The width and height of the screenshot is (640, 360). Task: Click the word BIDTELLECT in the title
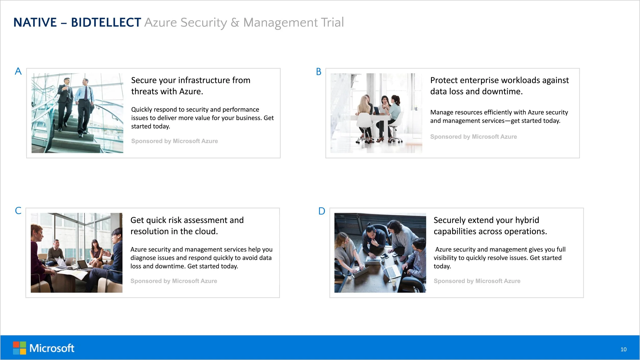106,23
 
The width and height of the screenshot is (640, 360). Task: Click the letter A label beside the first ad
18,71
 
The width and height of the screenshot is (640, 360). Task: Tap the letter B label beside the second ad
318,72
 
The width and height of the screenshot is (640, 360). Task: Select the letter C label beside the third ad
18,211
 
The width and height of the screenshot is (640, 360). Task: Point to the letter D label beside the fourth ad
322,211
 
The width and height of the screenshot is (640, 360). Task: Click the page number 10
623,349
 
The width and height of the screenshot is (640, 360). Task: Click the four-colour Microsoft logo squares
19,348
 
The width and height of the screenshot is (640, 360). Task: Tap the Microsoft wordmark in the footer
52,348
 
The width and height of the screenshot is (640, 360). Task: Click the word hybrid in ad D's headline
527,220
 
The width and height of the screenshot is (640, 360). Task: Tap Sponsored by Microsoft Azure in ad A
174,141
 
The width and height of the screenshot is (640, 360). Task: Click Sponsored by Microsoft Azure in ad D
477,281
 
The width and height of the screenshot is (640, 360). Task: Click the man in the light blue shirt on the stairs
86,102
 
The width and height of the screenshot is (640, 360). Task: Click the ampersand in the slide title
235,23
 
